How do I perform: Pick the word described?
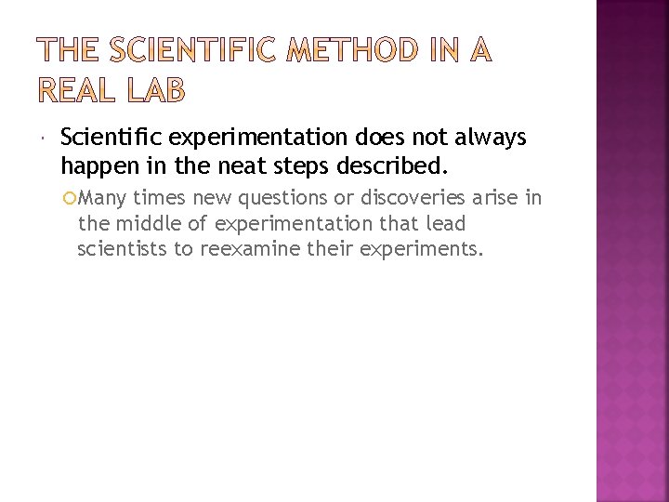(x=402, y=167)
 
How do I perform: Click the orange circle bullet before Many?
(x=84, y=197)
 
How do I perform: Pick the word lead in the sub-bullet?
(x=447, y=223)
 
